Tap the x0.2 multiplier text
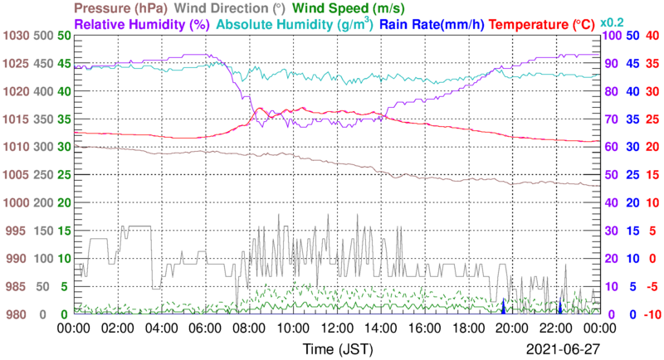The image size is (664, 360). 615,23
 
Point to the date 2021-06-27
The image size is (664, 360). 562,347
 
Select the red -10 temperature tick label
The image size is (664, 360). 652,314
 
